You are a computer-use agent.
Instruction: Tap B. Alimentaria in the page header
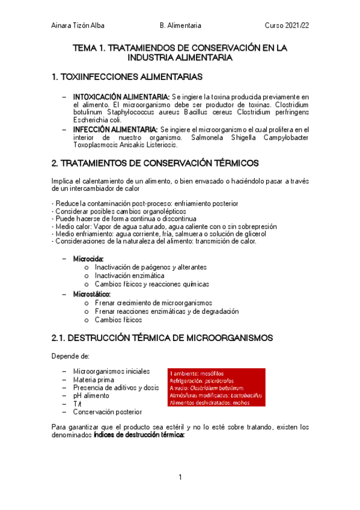click(180, 26)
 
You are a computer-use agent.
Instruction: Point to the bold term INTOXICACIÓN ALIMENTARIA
click(121, 96)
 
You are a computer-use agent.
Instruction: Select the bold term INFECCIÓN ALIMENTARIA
click(115, 129)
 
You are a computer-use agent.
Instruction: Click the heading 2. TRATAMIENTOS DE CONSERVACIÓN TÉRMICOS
click(156, 163)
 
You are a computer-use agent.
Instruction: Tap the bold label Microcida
click(88, 259)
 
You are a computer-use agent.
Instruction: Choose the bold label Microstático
click(92, 294)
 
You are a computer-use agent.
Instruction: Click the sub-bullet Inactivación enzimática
click(129, 275)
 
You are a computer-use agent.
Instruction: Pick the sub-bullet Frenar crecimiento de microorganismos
click(153, 303)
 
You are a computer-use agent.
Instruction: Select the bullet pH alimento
click(91, 396)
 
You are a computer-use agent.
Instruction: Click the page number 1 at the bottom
click(180, 477)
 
